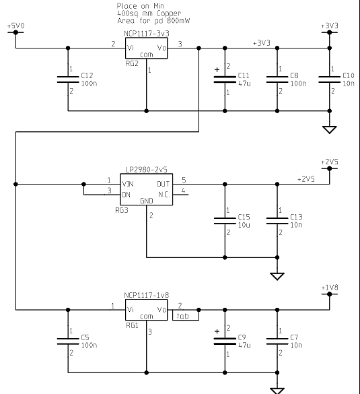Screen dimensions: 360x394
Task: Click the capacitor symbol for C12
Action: click(x=68, y=79)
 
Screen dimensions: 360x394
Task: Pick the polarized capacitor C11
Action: click(x=225, y=79)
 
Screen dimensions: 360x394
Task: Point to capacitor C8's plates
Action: click(x=277, y=79)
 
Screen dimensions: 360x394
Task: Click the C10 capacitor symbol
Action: click(x=329, y=79)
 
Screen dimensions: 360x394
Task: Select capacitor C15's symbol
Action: click(x=225, y=221)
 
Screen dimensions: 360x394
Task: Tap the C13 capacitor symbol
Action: click(x=277, y=221)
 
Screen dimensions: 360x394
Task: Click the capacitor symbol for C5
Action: click(x=68, y=341)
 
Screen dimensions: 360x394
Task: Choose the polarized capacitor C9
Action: click(x=225, y=341)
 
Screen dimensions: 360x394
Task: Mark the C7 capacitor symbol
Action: click(x=277, y=341)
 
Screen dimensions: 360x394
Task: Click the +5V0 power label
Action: click(x=16, y=26)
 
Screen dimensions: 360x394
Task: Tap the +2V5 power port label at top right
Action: click(x=330, y=162)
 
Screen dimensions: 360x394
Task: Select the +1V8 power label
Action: click(x=330, y=288)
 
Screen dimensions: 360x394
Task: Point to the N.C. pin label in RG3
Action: click(x=164, y=195)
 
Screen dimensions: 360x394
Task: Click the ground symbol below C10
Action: click(x=329, y=130)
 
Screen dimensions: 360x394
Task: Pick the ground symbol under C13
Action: click(x=277, y=276)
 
